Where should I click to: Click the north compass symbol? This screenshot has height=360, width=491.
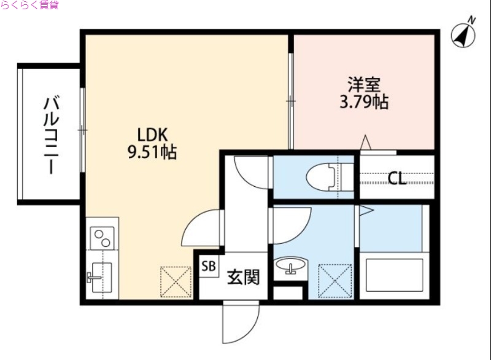pos(464,34)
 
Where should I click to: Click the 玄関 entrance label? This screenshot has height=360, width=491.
pos(243,278)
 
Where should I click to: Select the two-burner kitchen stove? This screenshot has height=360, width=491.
pos(101,237)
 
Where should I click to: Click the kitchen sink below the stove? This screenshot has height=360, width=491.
pos(99,275)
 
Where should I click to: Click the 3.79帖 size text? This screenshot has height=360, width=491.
pos(364,101)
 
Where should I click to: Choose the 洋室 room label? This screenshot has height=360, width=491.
pos(363,84)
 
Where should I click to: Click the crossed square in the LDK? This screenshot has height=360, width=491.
pos(177,282)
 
